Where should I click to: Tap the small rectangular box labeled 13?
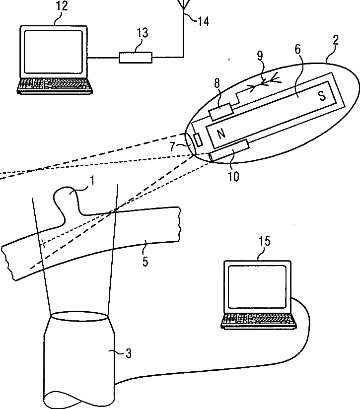tap(136, 57)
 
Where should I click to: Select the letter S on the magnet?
tap(322, 96)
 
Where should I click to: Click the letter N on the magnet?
tap(221, 133)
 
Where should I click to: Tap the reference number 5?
tap(144, 262)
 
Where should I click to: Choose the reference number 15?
tap(264, 241)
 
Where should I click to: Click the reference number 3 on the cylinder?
tap(128, 354)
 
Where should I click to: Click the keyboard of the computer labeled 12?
tap(55, 85)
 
